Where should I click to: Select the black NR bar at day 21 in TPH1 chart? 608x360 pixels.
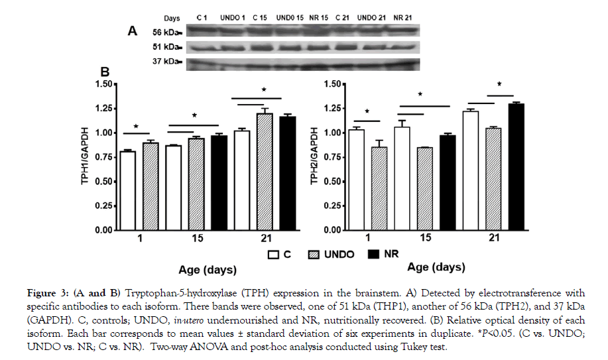click(287, 173)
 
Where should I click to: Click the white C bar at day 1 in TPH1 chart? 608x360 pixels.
click(129, 190)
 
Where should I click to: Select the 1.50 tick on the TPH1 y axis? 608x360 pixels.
click(104, 84)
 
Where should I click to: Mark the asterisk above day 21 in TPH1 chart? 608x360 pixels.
click(264, 90)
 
